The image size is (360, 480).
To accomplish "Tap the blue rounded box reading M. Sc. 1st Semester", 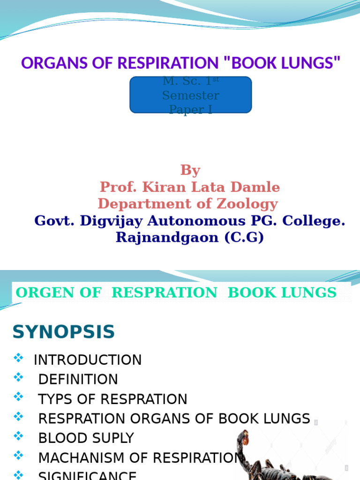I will (190, 95).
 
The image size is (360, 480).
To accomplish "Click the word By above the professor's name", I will (190, 170).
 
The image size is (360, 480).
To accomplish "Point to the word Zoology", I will (252, 204).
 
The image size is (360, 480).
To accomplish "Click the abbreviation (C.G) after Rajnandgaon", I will (244, 237).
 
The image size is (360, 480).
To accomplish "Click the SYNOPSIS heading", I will (63, 332).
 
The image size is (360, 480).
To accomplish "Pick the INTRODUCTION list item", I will (88, 360).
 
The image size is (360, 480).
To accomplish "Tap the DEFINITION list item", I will (78, 379).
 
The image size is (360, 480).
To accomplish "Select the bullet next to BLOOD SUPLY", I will (18, 435).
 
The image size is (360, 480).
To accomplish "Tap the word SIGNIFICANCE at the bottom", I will (87, 475).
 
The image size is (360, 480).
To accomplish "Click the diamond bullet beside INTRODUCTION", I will (18, 358).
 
